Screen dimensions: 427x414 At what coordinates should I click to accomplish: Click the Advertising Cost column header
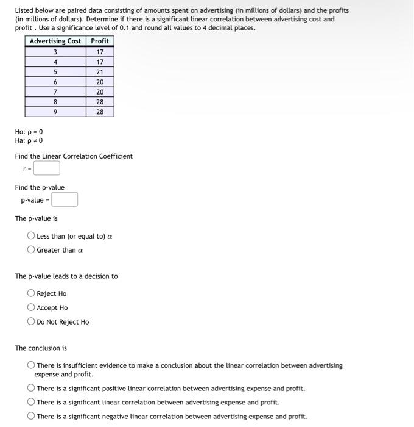55,41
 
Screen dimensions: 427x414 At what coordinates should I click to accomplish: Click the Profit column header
100,41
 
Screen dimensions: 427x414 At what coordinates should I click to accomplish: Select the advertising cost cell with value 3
55,52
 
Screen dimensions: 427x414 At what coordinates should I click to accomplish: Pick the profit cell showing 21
100,72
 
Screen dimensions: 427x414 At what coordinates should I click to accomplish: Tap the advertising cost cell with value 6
55,82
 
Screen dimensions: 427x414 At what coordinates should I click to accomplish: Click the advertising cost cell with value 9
55,112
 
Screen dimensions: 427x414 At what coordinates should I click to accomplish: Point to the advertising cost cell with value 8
55,102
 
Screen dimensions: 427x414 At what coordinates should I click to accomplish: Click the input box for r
46,168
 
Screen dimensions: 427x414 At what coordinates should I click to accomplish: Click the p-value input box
64,199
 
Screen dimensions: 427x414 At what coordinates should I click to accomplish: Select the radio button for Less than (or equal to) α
31,236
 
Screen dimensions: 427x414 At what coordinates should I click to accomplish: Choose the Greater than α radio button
31,249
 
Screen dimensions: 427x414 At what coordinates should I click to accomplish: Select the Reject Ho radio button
31,293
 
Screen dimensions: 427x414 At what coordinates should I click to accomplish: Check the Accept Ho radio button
31,307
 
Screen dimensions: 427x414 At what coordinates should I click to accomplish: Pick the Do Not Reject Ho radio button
31,321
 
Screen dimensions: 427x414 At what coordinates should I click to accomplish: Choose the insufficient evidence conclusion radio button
31,365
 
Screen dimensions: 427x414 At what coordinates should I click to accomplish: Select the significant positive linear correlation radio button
31,388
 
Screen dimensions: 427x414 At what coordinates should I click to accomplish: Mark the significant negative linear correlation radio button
31,417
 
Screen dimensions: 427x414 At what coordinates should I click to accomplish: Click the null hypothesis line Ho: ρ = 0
29,132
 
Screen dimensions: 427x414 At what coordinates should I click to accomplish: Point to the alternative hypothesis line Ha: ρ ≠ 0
29,140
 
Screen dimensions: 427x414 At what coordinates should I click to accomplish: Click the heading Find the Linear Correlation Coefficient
74,156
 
